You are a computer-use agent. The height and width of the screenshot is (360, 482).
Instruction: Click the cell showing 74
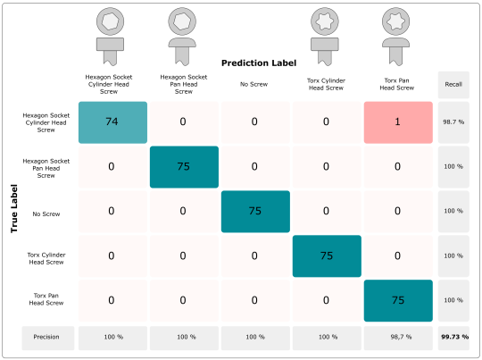[x=112, y=122]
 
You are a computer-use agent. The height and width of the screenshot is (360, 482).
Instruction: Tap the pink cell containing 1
[x=398, y=122]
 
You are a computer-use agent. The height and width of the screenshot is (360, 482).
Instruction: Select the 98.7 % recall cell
[x=453, y=122]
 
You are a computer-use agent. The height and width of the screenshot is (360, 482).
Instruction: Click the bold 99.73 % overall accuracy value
[x=454, y=337]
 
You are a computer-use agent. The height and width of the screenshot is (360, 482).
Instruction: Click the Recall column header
[x=453, y=85]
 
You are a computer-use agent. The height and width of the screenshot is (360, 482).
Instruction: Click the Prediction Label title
[x=259, y=63]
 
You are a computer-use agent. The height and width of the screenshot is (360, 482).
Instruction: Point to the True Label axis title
[x=13, y=208]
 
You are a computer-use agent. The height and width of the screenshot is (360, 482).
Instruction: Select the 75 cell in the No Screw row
[x=255, y=212]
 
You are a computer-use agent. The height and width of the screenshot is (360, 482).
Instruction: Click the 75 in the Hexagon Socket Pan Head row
[x=184, y=167]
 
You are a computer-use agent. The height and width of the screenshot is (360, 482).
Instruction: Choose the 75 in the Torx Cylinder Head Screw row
[x=327, y=256]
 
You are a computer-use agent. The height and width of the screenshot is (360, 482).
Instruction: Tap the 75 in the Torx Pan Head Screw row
[x=398, y=301]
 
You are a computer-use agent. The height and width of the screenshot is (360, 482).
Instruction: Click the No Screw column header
[x=253, y=84]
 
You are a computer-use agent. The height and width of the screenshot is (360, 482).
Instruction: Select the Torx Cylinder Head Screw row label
[x=46, y=258]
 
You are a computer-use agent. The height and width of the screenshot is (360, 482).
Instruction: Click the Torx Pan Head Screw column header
[x=397, y=84]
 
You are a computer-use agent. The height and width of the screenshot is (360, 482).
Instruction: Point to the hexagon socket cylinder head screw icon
[x=110, y=37]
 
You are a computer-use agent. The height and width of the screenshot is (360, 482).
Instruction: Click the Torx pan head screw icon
[x=396, y=37]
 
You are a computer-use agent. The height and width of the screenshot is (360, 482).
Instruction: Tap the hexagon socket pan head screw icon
[x=182, y=37]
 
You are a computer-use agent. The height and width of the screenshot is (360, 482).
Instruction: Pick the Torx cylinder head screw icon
[x=325, y=37]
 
